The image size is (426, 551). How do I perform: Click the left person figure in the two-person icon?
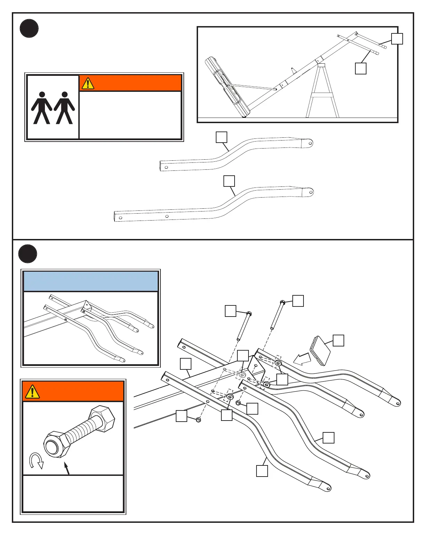coord(42,108)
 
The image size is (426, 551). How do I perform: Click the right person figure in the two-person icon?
coord(64,108)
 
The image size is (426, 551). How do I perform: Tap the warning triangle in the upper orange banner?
coord(88,83)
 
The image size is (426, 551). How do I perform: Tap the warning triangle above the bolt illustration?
coord(32,391)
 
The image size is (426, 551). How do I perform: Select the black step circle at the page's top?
coord(29,29)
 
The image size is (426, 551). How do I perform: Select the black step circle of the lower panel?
coord(28,254)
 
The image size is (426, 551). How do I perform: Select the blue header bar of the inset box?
coord(90,281)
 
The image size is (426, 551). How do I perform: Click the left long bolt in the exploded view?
coord(243,326)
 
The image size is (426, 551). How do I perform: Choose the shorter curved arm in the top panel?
coord(237,153)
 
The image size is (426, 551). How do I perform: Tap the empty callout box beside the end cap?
coord(338,341)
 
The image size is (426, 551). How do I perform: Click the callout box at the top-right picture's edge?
coord(397,39)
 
